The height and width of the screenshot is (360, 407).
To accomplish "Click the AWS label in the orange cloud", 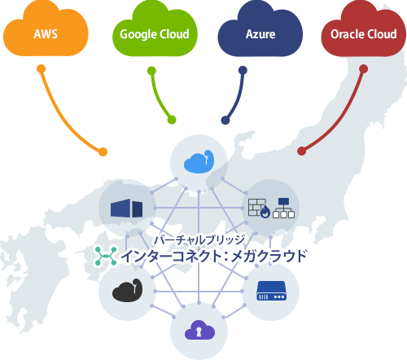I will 46,34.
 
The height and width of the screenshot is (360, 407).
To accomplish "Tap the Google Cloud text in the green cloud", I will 154,34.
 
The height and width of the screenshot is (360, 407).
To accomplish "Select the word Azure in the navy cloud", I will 260,34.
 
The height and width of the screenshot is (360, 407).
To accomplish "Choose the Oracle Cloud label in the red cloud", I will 364,34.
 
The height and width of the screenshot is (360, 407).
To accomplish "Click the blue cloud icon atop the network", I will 199,162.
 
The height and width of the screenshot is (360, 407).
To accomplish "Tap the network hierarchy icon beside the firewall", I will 284,209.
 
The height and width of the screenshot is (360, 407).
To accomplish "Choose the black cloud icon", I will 127,290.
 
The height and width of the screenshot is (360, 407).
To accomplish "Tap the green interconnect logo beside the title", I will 104,256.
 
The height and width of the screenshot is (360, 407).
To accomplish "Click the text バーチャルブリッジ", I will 200,240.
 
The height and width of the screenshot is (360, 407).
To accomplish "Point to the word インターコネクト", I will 173,257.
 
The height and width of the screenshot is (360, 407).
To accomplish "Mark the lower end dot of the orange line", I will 103,151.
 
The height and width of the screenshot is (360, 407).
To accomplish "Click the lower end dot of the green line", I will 171,121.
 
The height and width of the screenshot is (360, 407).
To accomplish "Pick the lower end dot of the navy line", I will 225,121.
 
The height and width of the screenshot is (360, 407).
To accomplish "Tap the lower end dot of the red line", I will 301,151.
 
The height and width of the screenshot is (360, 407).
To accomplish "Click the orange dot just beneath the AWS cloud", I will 41,69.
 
